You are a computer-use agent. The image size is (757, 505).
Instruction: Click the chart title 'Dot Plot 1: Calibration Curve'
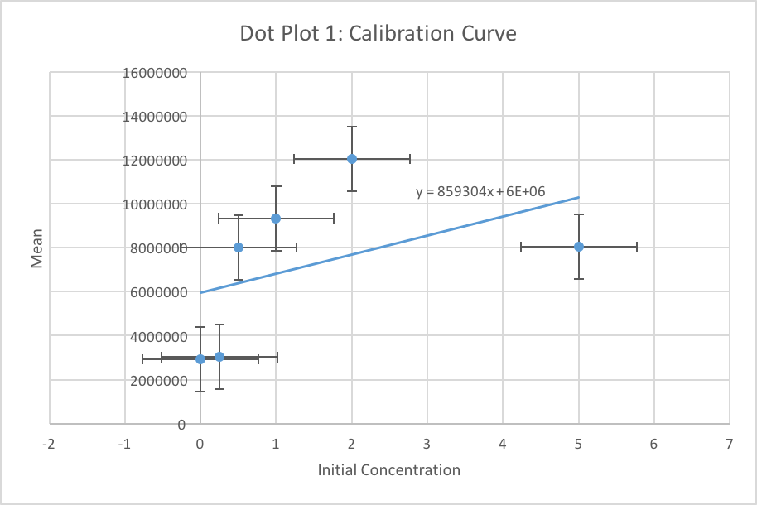tap(378, 34)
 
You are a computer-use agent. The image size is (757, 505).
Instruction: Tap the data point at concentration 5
tap(579, 247)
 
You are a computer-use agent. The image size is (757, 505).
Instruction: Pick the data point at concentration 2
tap(352, 158)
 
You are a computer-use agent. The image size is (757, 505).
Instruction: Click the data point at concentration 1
tap(276, 219)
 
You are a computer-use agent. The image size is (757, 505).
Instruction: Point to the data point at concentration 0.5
tap(239, 247)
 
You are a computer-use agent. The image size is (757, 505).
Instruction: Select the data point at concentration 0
tap(200, 359)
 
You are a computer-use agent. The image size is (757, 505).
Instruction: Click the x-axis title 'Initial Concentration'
tap(388, 470)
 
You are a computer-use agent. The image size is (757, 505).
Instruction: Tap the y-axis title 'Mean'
tap(36, 249)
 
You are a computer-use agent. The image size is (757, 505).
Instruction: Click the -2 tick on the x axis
tap(49, 444)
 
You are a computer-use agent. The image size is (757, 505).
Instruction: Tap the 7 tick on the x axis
tap(730, 444)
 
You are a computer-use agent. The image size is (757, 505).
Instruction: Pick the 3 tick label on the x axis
tap(427, 444)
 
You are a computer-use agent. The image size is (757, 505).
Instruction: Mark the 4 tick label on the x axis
tap(503, 444)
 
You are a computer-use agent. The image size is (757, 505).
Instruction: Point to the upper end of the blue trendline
tap(578, 197)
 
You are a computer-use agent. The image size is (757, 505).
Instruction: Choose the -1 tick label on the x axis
tap(124, 444)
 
